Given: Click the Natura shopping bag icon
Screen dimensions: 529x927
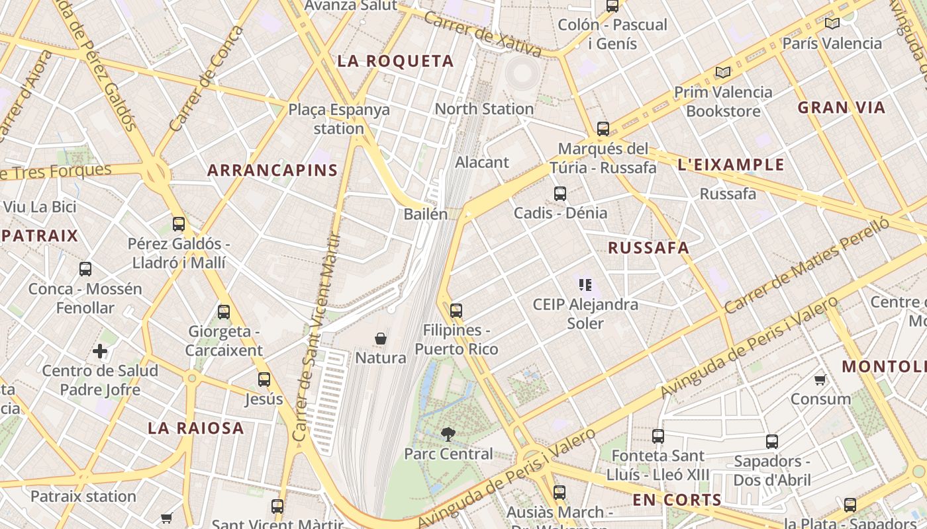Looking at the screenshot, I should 381,339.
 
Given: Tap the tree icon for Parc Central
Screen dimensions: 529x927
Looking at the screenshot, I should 448,434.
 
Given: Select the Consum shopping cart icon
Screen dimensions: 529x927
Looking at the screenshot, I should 820,380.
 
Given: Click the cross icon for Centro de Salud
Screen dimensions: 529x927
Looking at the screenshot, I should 100,351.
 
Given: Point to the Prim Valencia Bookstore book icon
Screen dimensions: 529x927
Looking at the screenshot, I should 723,72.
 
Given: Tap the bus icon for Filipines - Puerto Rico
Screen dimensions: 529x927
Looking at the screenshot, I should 456,310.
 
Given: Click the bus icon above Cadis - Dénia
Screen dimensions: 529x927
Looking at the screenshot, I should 560,194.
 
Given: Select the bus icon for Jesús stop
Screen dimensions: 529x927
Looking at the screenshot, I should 264,380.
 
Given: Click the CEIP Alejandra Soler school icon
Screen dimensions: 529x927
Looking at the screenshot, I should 585,285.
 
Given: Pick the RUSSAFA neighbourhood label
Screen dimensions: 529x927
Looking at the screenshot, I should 648,248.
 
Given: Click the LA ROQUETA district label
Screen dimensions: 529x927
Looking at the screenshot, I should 395,61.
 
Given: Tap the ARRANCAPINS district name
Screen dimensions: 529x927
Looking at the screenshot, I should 272,170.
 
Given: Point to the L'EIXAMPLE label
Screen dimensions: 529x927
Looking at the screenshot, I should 731,165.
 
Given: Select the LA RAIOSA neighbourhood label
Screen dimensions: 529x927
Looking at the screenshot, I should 196,428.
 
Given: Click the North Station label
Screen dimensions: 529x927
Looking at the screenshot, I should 484,108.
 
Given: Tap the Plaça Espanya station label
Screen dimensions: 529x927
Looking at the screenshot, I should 339,119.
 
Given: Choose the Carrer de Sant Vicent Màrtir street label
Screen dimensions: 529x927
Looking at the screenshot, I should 317,337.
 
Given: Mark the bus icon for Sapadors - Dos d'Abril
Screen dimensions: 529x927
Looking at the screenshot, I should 772,442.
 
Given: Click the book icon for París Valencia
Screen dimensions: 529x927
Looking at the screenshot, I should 832,24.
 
